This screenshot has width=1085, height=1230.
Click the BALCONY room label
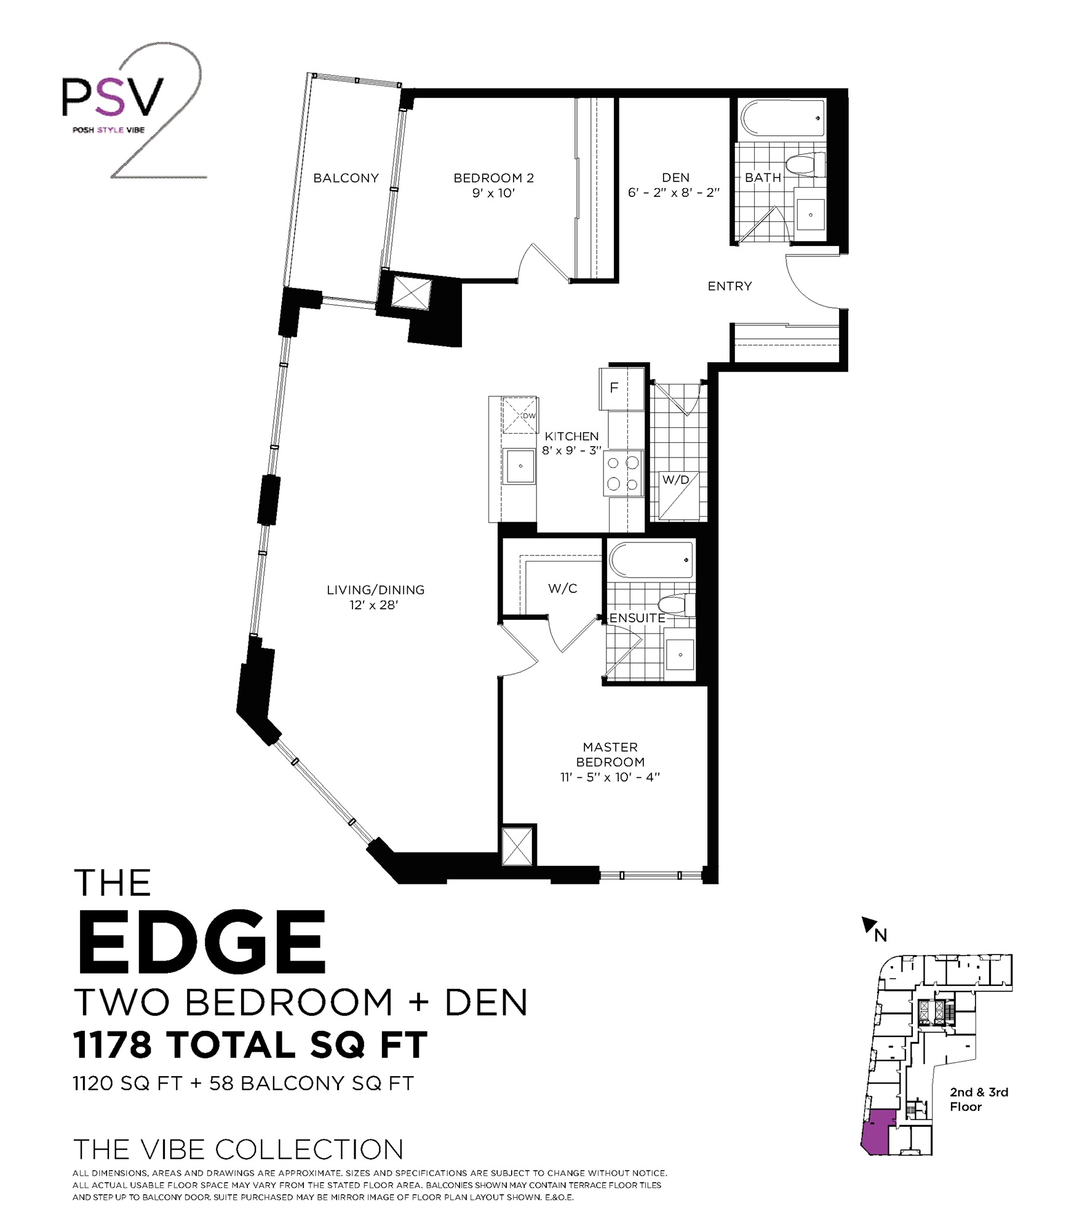[x=346, y=178]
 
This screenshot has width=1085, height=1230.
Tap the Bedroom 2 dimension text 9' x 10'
[x=493, y=193]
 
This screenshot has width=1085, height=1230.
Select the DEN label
[x=675, y=177]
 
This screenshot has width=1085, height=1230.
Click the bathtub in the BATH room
[x=782, y=118]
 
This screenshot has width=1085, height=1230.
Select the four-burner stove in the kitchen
[x=623, y=474]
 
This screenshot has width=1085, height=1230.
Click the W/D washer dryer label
[x=675, y=480]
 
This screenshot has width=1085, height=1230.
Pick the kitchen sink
[x=520, y=466]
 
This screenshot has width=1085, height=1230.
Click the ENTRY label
[x=729, y=286]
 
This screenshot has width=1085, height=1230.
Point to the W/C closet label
[x=562, y=589]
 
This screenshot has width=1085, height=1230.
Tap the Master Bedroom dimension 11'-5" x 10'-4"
[x=610, y=777]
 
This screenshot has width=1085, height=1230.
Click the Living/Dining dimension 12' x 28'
[x=374, y=605]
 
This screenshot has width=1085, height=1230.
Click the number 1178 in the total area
[x=112, y=1044]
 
